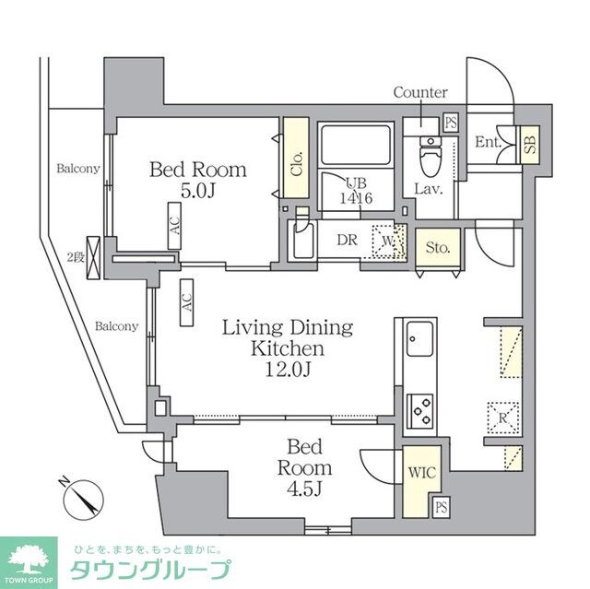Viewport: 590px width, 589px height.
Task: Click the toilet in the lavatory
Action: (x=430, y=160)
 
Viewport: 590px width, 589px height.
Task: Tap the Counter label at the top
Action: (x=420, y=92)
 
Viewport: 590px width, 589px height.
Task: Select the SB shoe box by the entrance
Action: (x=530, y=144)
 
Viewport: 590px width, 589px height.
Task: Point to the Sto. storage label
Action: (x=437, y=247)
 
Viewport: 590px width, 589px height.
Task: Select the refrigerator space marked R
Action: (x=504, y=416)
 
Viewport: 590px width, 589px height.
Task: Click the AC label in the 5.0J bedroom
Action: (x=174, y=227)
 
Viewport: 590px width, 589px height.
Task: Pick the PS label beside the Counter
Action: (x=451, y=122)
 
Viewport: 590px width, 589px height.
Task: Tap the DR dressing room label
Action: (x=347, y=240)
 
